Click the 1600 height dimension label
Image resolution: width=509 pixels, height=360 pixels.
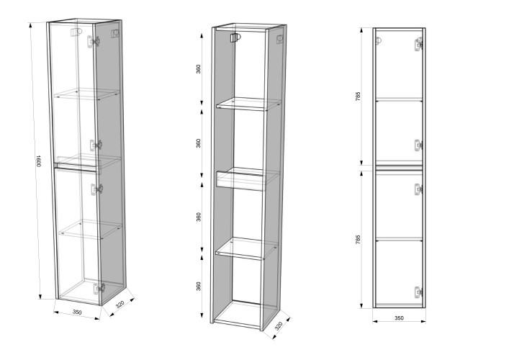tap(38, 161)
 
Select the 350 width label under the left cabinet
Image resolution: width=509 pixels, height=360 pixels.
tap(77, 312)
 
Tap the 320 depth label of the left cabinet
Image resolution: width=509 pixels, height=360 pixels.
tap(120, 305)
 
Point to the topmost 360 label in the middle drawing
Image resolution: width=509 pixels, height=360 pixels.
tap(198, 69)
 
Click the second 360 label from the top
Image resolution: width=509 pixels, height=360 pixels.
tap(198, 143)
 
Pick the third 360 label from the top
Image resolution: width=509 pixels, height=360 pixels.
tap(198, 217)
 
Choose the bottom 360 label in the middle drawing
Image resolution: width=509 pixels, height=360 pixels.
tap(198, 287)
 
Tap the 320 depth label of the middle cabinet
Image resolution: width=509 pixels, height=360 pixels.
tap(279, 326)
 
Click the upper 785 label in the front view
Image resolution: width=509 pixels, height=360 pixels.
tap(358, 96)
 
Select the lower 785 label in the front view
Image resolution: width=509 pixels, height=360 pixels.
tap(358, 240)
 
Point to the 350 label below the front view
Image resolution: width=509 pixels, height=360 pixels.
tap(399, 318)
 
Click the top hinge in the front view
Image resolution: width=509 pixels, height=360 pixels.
tap(418, 45)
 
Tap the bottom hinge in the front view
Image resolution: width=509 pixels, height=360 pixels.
tap(418, 292)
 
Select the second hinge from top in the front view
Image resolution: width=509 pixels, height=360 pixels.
tap(418, 145)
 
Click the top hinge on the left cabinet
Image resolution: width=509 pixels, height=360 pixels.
tap(93, 42)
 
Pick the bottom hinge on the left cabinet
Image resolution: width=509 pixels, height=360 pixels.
tap(99, 288)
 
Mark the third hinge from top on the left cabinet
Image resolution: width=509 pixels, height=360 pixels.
tap(96, 189)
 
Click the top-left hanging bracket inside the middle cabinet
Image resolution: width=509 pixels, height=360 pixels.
tap(235, 37)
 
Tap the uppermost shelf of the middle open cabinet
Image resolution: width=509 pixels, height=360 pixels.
tap(248, 104)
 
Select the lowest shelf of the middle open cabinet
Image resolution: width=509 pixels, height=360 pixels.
tap(247, 248)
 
